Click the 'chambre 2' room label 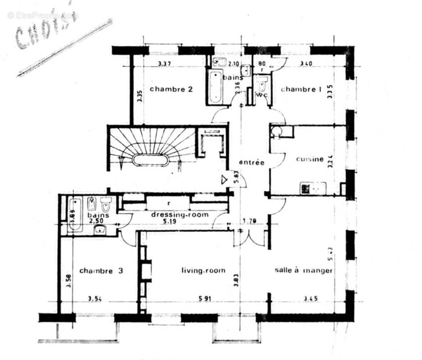[x=171, y=89]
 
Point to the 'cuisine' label [x=310, y=159]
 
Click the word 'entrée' [x=251, y=162]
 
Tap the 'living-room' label [x=203, y=270]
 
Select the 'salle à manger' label [x=304, y=270]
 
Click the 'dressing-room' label [x=180, y=215]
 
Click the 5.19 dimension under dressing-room [x=180, y=222]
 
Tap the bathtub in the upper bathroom [x=215, y=87]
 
